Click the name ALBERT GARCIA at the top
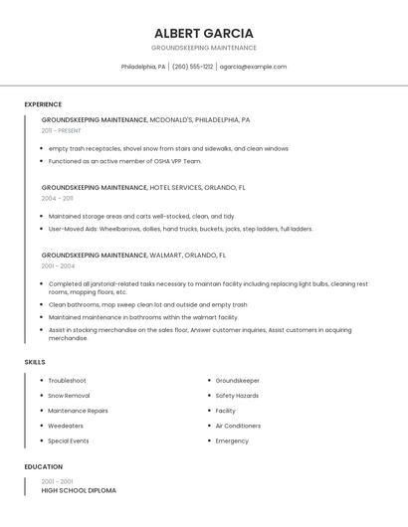(204, 33)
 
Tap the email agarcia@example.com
(253, 67)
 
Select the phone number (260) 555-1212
(192, 67)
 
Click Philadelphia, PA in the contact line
(143, 67)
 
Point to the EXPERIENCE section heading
(43, 104)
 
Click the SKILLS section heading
(35, 362)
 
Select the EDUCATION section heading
(44, 466)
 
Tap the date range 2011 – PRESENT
(61, 130)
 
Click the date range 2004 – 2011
(57, 198)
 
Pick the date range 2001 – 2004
(58, 265)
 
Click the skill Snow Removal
(69, 396)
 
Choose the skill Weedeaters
(66, 426)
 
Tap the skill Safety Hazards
(237, 396)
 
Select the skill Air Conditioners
(238, 426)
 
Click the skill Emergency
(232, 440)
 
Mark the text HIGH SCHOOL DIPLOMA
(79, 490)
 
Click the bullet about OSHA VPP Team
(124, 161)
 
